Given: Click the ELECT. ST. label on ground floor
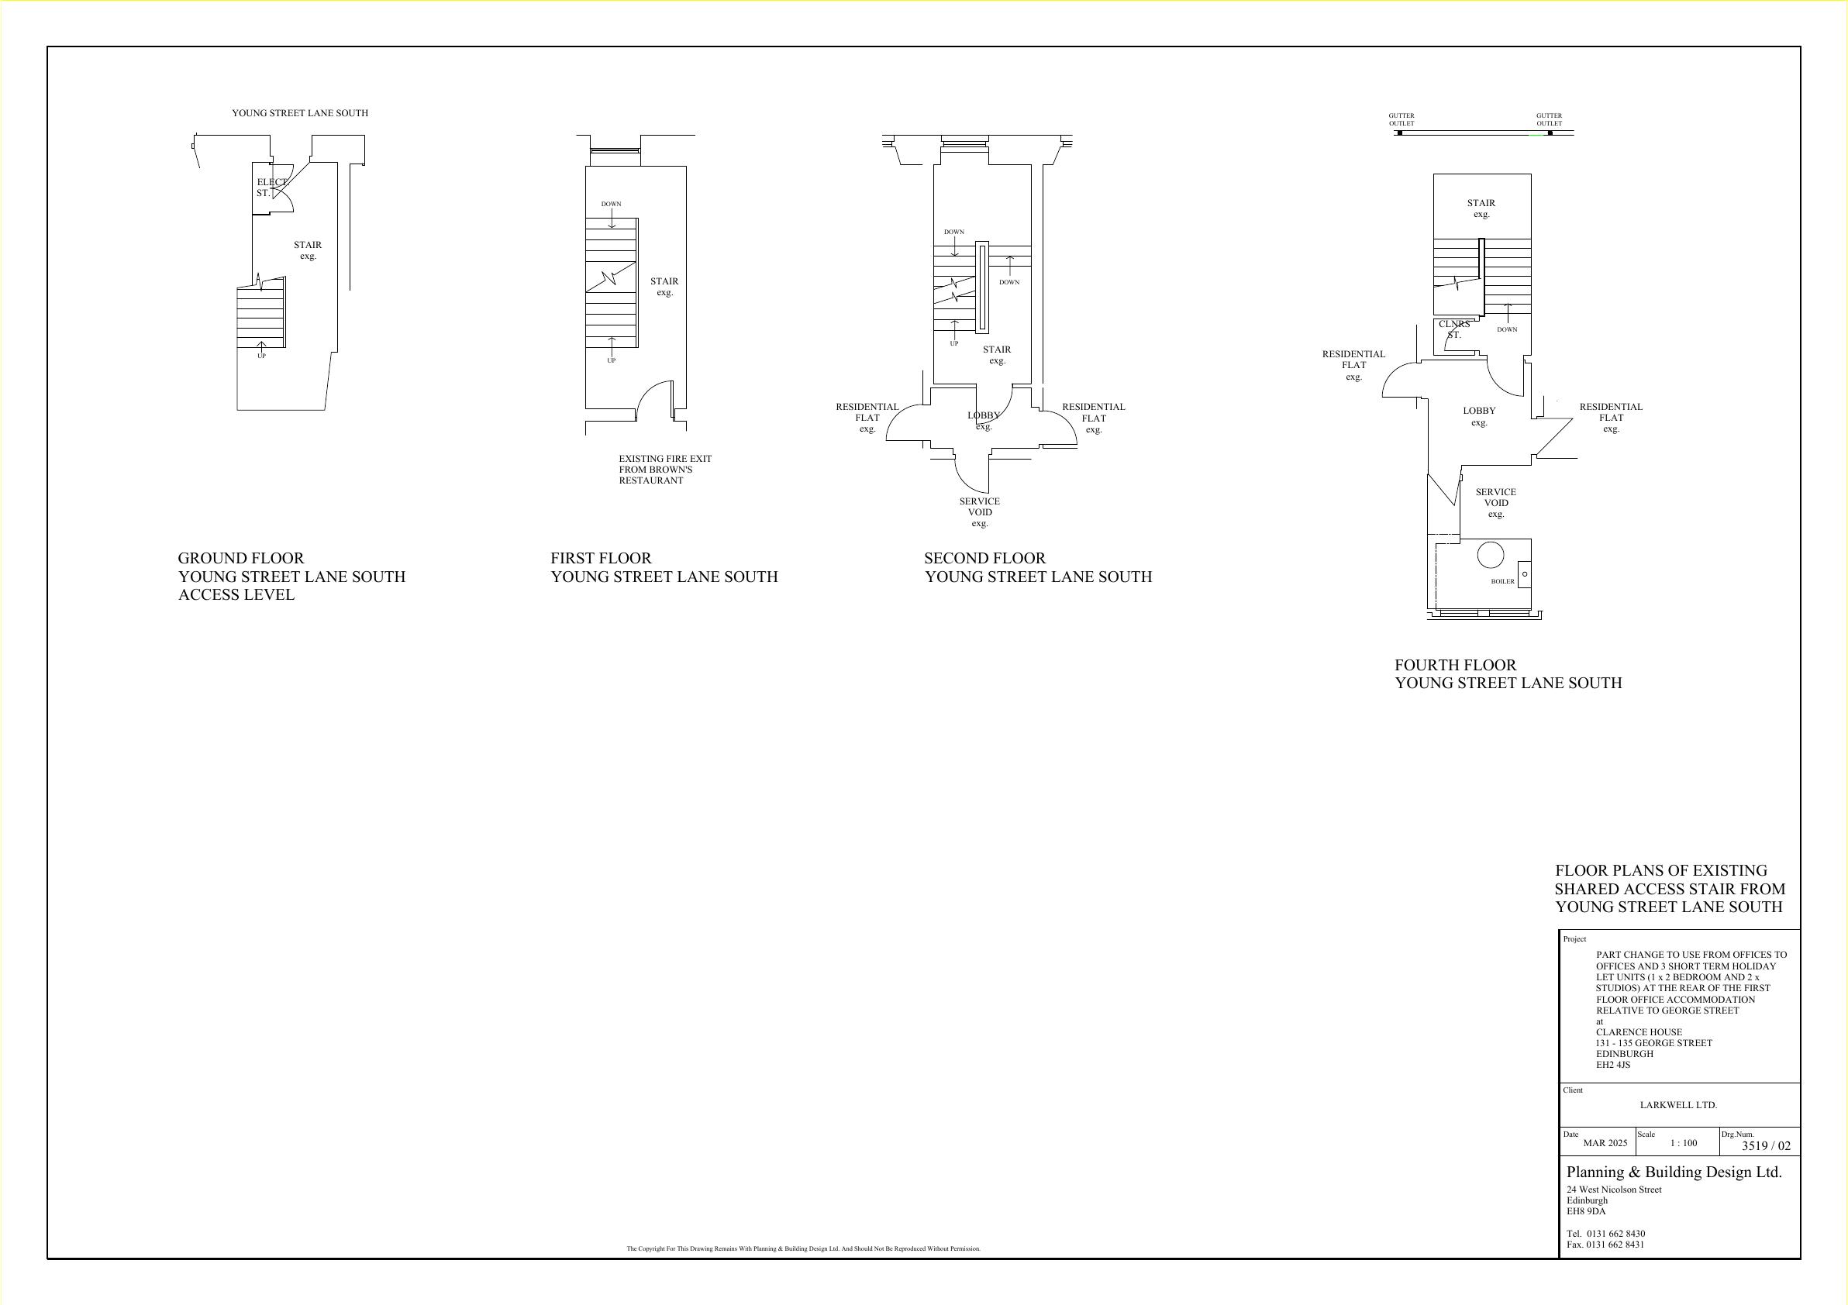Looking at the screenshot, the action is (272, 188).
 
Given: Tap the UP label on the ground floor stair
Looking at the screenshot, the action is (261, 356).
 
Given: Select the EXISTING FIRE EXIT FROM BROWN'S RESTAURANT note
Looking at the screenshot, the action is (665, 469).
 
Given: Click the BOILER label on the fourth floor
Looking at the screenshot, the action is (1503, 581).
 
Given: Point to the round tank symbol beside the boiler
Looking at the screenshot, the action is (1491, 555).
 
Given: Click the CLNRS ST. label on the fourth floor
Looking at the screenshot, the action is (1454, 329).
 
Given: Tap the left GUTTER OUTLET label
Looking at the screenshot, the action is (1402, 119).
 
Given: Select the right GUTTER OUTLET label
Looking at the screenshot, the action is (1549, 119).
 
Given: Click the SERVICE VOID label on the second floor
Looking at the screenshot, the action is (980, 511).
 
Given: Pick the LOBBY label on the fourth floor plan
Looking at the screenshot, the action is (1479, 416).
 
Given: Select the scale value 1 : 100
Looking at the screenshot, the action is (1683, 1142).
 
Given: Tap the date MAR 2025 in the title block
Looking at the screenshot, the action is (1605, 1142).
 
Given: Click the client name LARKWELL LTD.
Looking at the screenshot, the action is (1678, 1104).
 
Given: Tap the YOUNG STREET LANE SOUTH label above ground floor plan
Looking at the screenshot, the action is (300, 113).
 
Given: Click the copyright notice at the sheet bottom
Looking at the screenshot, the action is (803, 1248).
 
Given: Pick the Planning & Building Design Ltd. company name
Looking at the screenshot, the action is (1674, 1172).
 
